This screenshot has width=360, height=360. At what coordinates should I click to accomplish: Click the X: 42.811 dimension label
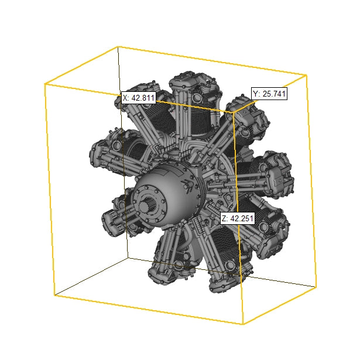click(139, 98)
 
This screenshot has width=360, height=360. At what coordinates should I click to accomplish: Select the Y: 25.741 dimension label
click(269, 94)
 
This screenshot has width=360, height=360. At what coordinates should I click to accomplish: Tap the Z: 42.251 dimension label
click(238, 218)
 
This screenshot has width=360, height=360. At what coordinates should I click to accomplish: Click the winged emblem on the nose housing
click(187, 185)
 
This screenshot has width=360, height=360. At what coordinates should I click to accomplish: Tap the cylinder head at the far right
click(279, 175)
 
